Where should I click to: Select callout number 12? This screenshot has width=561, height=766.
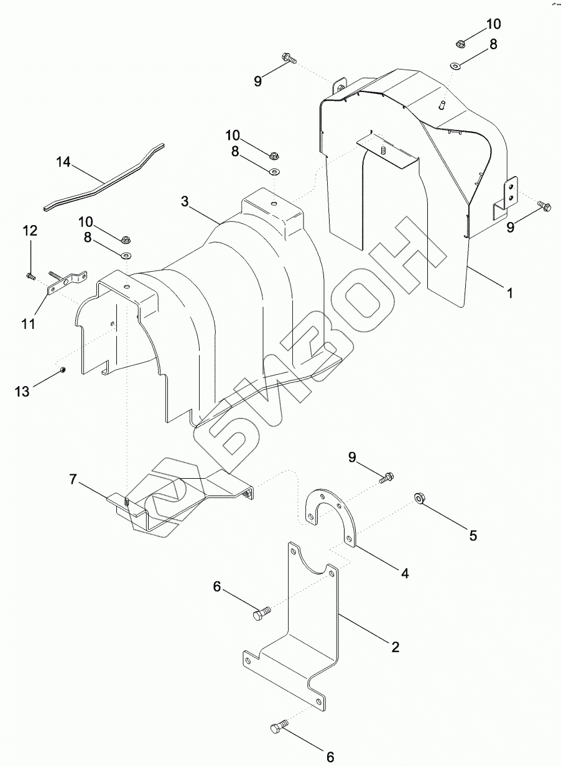tap(30, 231)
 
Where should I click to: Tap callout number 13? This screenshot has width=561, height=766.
tap(22, 391)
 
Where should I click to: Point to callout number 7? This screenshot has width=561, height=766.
tap(73, 479)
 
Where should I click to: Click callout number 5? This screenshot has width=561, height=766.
tap(473, 535)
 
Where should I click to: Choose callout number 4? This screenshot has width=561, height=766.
tap(405, 574)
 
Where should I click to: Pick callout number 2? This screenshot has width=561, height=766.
tap(394, 647)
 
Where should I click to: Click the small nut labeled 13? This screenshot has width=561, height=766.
tap(63, 371)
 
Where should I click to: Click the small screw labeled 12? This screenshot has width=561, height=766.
tap(29, 274)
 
